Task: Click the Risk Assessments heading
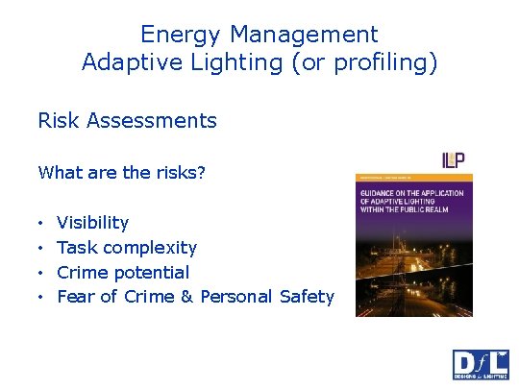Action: coord(127,121)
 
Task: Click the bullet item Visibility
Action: coord(92,223)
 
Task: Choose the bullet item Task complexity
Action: coord(126,248)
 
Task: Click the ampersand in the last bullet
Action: coord(186,297)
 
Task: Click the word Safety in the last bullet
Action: coord(307,297)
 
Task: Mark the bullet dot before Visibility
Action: coord(41,223)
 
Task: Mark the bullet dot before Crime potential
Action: coord(41,273)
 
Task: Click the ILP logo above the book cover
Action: coord(454,159)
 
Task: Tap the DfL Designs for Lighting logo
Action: coord(481,365)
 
